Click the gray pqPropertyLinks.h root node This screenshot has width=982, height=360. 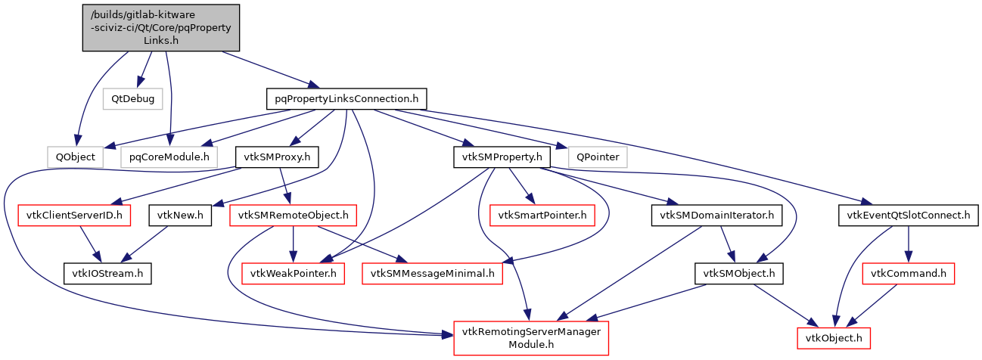(x=160, y=28)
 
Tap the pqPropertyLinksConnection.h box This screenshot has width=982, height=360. (x=346, y=98)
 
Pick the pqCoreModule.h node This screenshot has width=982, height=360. (x=169, y=157)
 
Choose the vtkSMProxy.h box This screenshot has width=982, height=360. (x=277, y=157)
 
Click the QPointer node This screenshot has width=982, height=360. (x=598, y=157)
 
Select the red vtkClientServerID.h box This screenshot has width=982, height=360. (x=74, y=216)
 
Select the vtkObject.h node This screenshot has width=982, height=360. (x=834, y=337)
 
